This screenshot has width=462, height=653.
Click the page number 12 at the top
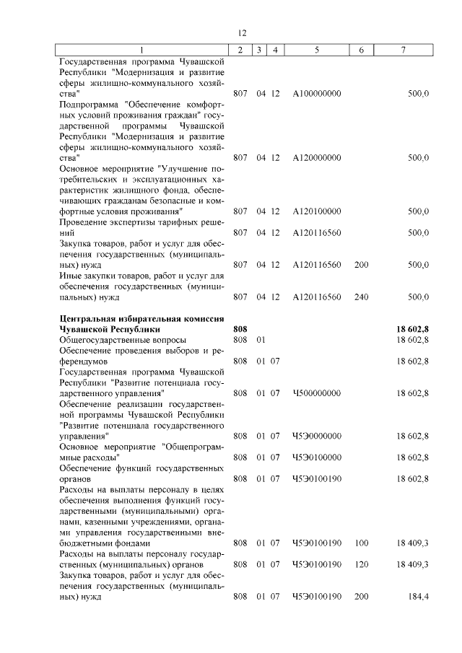(242, 32)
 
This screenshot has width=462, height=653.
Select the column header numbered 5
(317, 50)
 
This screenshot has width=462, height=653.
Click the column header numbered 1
(142, 50)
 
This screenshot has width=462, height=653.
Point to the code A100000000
(317, 94)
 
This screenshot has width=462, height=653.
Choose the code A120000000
(317, 157)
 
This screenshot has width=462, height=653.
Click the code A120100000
(317, 211)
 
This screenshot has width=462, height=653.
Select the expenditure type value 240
(361, 297)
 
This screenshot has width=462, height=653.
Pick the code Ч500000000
(317, 393)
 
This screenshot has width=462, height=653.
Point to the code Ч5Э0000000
(317, 436)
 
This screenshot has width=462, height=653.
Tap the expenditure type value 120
(361, 564)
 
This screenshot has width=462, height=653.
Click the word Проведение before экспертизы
(87, 222)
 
